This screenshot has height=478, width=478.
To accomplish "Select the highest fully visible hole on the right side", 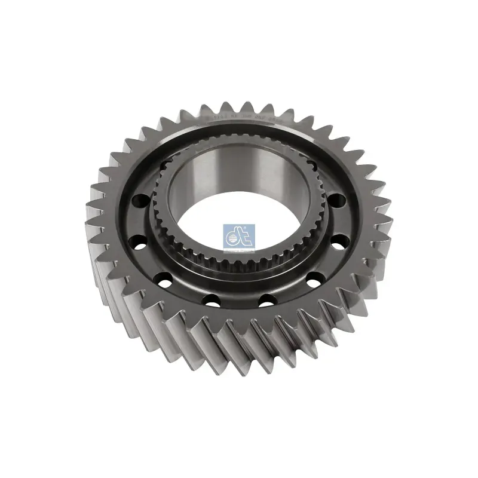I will pos(335,200).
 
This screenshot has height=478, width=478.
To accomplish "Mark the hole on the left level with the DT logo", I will pos(139,244).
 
